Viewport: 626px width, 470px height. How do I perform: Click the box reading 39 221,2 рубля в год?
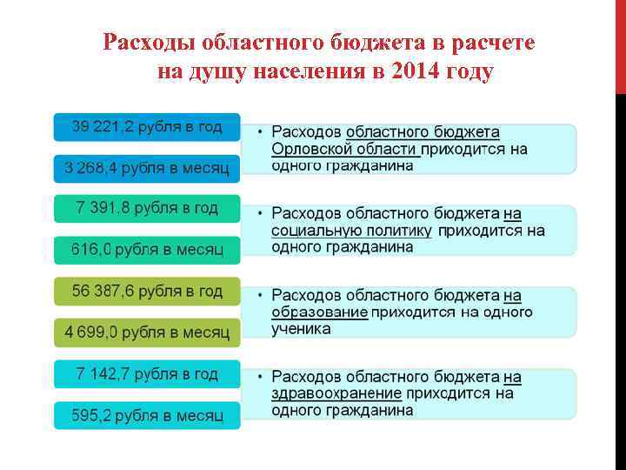(x=147, y=127)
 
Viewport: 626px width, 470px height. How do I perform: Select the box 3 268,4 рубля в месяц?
(x=147, y=167)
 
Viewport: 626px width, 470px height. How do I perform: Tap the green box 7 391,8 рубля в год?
(x=147, y=208)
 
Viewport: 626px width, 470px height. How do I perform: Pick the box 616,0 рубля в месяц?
(x=147, y=250)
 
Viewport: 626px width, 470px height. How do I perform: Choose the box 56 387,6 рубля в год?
(x=147, y=291)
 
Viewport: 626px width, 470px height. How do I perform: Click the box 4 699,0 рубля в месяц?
(x=147, y=332)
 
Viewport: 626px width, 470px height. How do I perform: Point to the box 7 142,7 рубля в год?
(x=147, y=373)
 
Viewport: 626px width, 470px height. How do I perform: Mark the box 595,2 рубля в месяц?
(x=147, y=415)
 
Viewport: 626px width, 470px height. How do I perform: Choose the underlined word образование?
(x=319, y=312)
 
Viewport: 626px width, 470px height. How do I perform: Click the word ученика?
(x=301, y=329)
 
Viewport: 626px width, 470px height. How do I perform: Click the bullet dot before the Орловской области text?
(x=260, y=132)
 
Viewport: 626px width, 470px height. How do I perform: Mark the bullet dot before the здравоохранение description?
(x=260, y=378)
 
